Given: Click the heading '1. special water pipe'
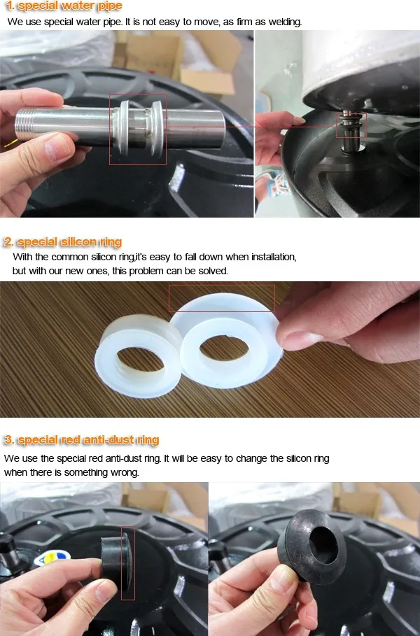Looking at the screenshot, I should (x=63, y=6).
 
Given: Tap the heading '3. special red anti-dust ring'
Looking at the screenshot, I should (x=81, y=440).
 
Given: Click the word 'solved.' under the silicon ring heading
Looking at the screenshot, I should (x=211, y=270).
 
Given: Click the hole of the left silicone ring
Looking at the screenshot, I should (x=138, y=358).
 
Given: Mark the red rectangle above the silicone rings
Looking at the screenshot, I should (x=221, y=298).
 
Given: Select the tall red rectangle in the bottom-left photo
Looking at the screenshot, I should (x=128, y=563).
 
